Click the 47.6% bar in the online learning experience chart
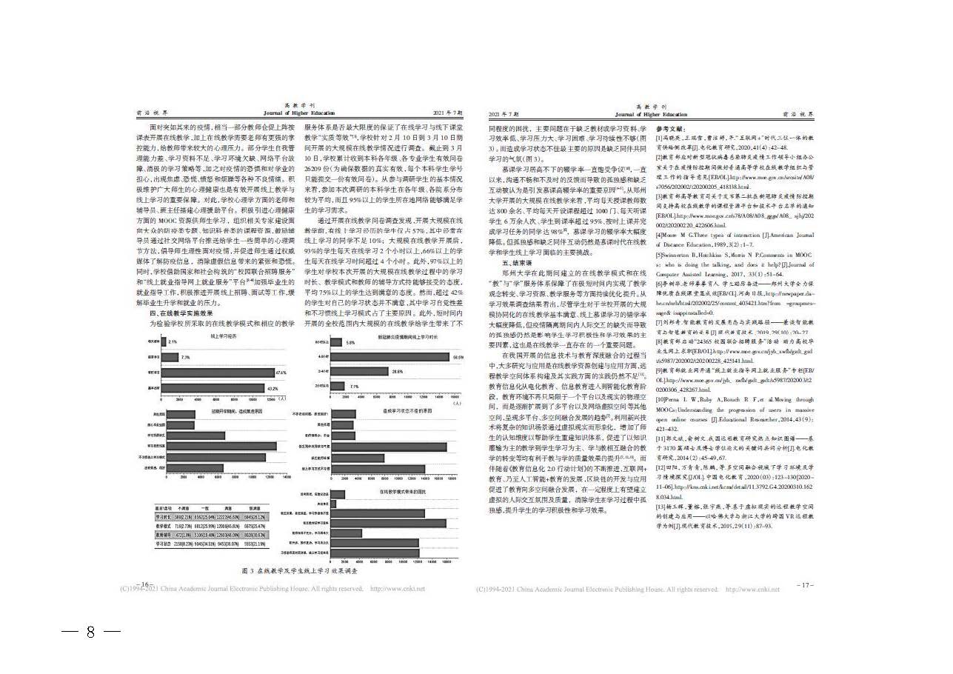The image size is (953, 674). pos(218,373)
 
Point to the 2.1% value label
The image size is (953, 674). pos(173,342)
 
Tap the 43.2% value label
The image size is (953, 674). pos(272,387)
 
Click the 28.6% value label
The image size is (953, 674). pos(397,371)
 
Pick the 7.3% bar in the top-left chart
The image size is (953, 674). pos(170,357)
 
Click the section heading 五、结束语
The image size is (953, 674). pos(516,262)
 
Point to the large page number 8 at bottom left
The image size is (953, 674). pos(90,632)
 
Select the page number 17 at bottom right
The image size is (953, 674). pos(806,585)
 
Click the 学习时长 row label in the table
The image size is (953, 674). pos(164,515)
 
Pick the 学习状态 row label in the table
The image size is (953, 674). pos(164,543)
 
